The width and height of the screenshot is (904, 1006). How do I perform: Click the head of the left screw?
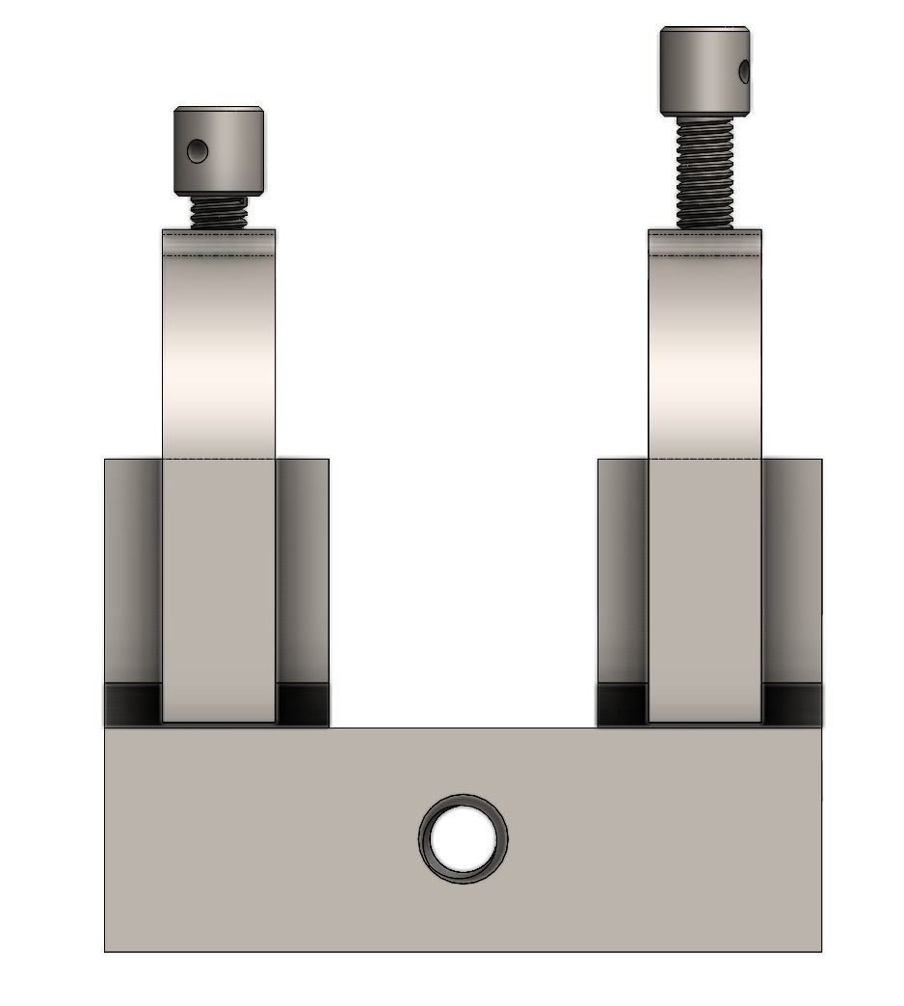tap(219, 150)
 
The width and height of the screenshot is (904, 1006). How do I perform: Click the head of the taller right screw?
tap(705, 69)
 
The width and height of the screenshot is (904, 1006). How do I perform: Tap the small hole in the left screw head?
tap(198, 150)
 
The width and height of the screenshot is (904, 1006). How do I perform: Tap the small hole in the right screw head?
tap(744, 70)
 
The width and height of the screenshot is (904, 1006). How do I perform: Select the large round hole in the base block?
tap(464, 838)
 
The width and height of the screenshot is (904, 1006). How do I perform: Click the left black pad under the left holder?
tap(133, 704)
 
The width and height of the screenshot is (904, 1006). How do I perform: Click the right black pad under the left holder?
tap(303, 704)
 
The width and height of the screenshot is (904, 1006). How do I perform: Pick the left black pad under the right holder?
tap(624, 704)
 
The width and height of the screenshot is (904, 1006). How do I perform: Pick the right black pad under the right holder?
tap(792, 704)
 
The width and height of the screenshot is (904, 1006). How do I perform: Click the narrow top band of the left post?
tap(219, 244)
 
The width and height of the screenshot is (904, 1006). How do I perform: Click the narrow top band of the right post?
tap(705, 244)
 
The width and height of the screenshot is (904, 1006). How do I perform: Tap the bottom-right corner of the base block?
tap(820, 950)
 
